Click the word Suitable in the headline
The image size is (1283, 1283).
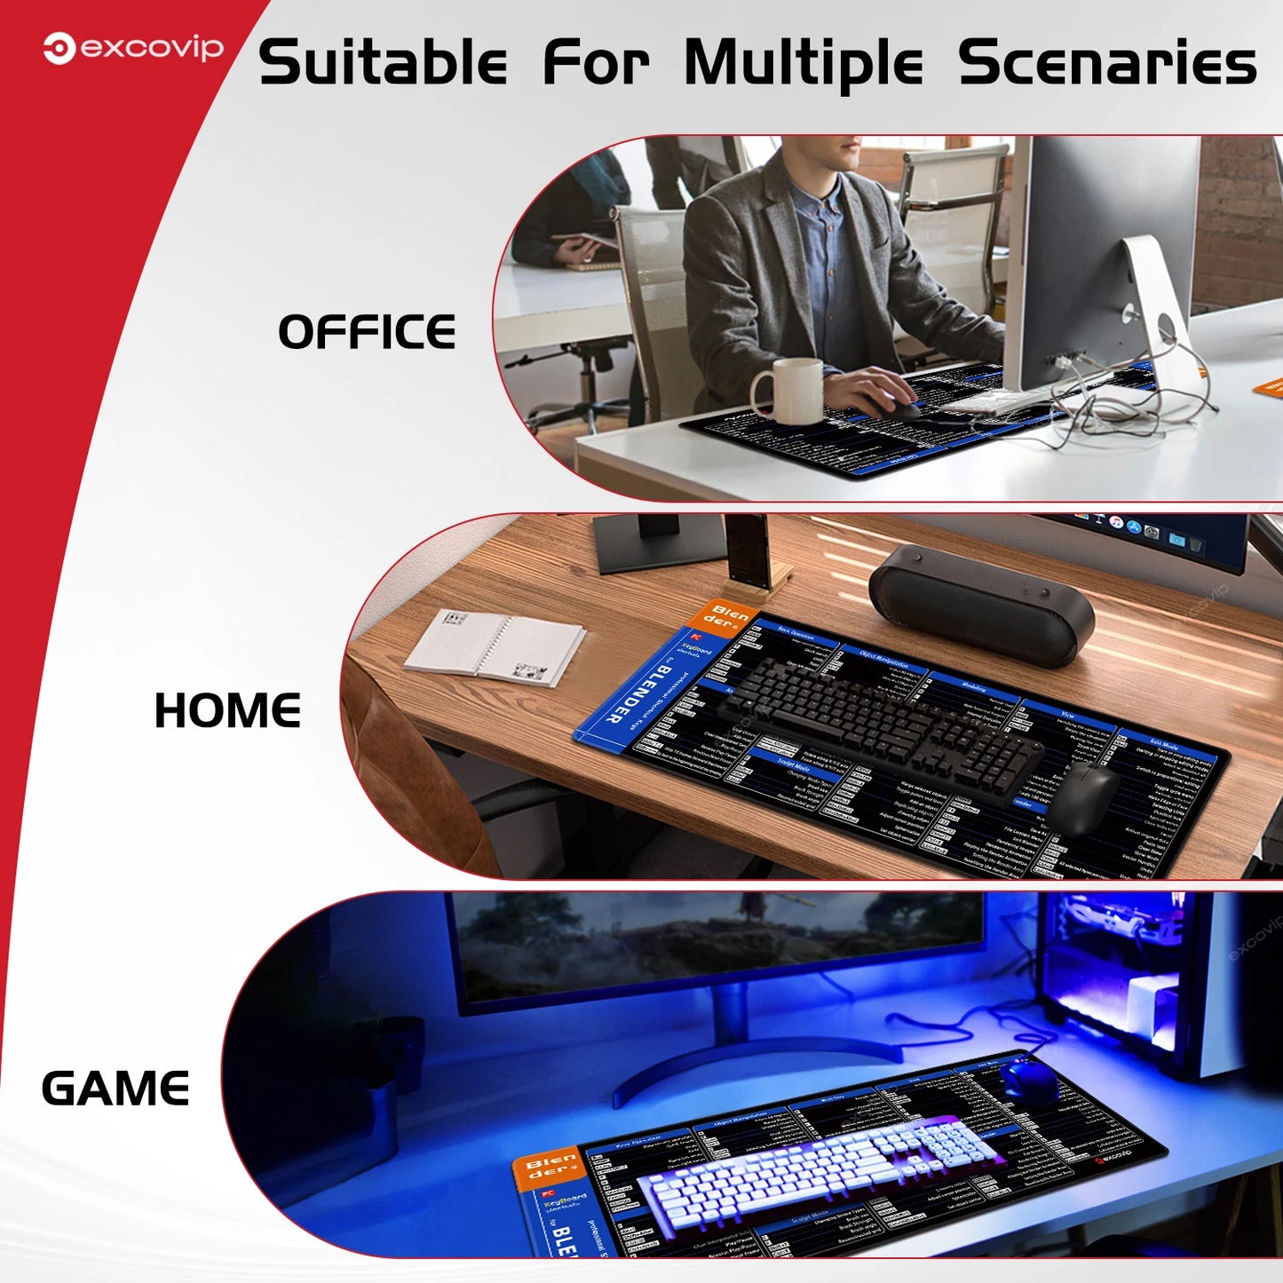[x=382, y=64]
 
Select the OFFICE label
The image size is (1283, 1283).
[x=367, y=332]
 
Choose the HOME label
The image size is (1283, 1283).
[x=227, y=710]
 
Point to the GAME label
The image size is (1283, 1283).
[x=115, y=1089]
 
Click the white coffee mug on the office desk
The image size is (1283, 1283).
[x=788, y=391]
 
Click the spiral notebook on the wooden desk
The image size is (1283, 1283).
[x=495, y=646]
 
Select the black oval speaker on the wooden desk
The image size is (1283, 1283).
[x=980, y=604]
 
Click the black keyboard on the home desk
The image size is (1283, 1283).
[x=879, y=719]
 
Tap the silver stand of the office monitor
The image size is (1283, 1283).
[x=1154, y=302]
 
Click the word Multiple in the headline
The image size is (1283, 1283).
[x=804, y=64]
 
